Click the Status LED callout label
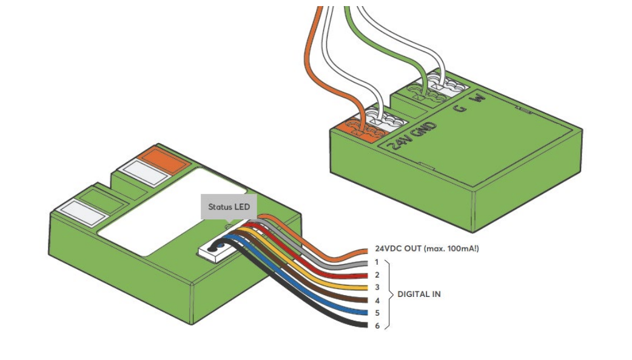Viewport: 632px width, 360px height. tap(229, 207)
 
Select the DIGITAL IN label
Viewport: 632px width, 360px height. tap(419, 294)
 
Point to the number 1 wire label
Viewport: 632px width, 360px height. tap(377, 262)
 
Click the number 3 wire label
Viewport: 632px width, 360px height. tap(377, 287)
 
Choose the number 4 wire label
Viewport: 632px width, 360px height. tap(377, 300)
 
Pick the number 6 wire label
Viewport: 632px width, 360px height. tap(377, 325)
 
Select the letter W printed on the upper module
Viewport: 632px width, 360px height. tap(480, 98)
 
